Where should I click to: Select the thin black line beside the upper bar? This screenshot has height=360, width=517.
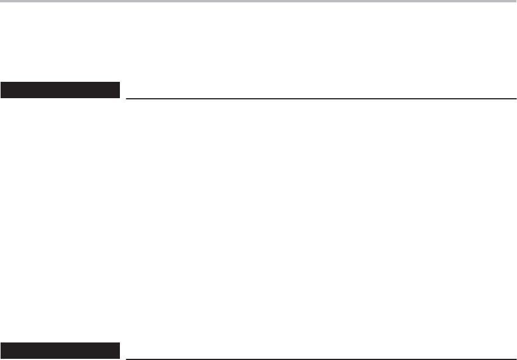tap(321, 98)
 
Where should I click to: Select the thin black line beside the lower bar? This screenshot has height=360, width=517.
tap(321, 358)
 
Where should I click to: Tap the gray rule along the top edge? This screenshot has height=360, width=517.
tap(258, 1)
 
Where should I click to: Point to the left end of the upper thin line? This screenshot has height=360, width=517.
tap(126, 98)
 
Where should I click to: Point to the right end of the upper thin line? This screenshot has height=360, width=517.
tap(516, 98)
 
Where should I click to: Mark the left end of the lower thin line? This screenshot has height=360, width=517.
tap(126, 358)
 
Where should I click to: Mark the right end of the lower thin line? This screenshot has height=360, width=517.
tap(516, 358)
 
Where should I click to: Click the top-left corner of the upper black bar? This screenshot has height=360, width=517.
tap(1, 83)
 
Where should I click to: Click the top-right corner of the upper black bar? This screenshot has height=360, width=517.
tap(119, 83)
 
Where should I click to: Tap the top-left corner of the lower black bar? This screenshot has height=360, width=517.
tap(1, 343)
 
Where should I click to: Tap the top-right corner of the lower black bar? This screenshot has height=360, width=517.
tap(119, 343)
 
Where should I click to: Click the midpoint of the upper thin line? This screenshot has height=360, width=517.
tap(321, 98)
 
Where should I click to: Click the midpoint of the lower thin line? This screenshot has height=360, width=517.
tap(321, 358)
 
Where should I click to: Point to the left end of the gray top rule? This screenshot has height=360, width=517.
tap(1, 1)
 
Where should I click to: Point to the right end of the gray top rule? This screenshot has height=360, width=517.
tap(516, 1)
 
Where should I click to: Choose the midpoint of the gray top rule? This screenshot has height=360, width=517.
tap(258, 1)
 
